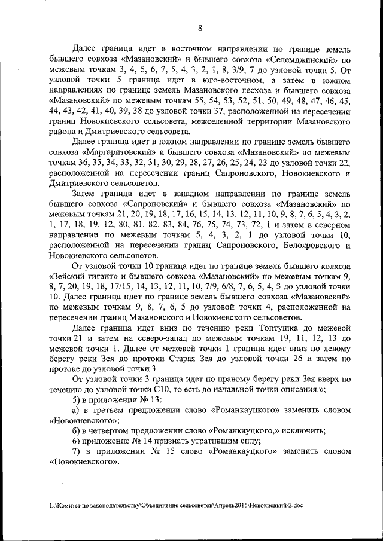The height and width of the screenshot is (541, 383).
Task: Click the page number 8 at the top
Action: click(200, 27)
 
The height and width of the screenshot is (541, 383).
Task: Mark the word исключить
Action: click(303, 430)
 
